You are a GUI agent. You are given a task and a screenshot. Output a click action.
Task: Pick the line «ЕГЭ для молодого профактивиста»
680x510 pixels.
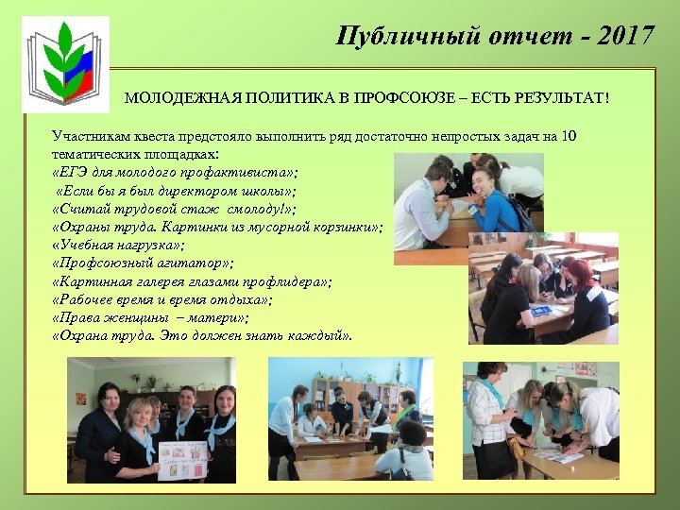175,173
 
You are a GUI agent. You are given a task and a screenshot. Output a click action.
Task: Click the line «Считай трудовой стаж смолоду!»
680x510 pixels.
174,209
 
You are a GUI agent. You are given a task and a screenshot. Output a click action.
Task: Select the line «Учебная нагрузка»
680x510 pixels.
118,245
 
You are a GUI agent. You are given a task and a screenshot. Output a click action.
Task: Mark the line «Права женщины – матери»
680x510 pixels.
150,317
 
